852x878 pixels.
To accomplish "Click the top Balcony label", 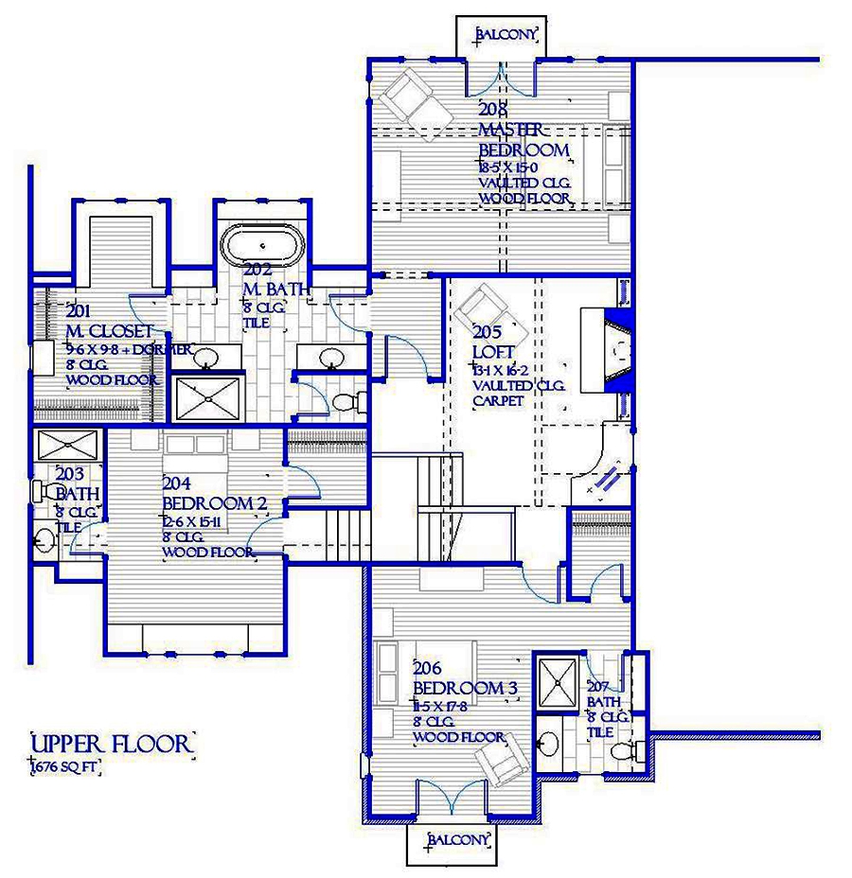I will click(x=507, y=35).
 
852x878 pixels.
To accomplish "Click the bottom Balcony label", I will click(x=459, y=840).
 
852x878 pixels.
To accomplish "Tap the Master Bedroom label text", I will click(x=524, y=140).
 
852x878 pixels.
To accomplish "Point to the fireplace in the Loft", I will click(x=606, y=351).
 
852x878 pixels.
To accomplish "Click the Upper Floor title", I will click(x=112, y=744).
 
